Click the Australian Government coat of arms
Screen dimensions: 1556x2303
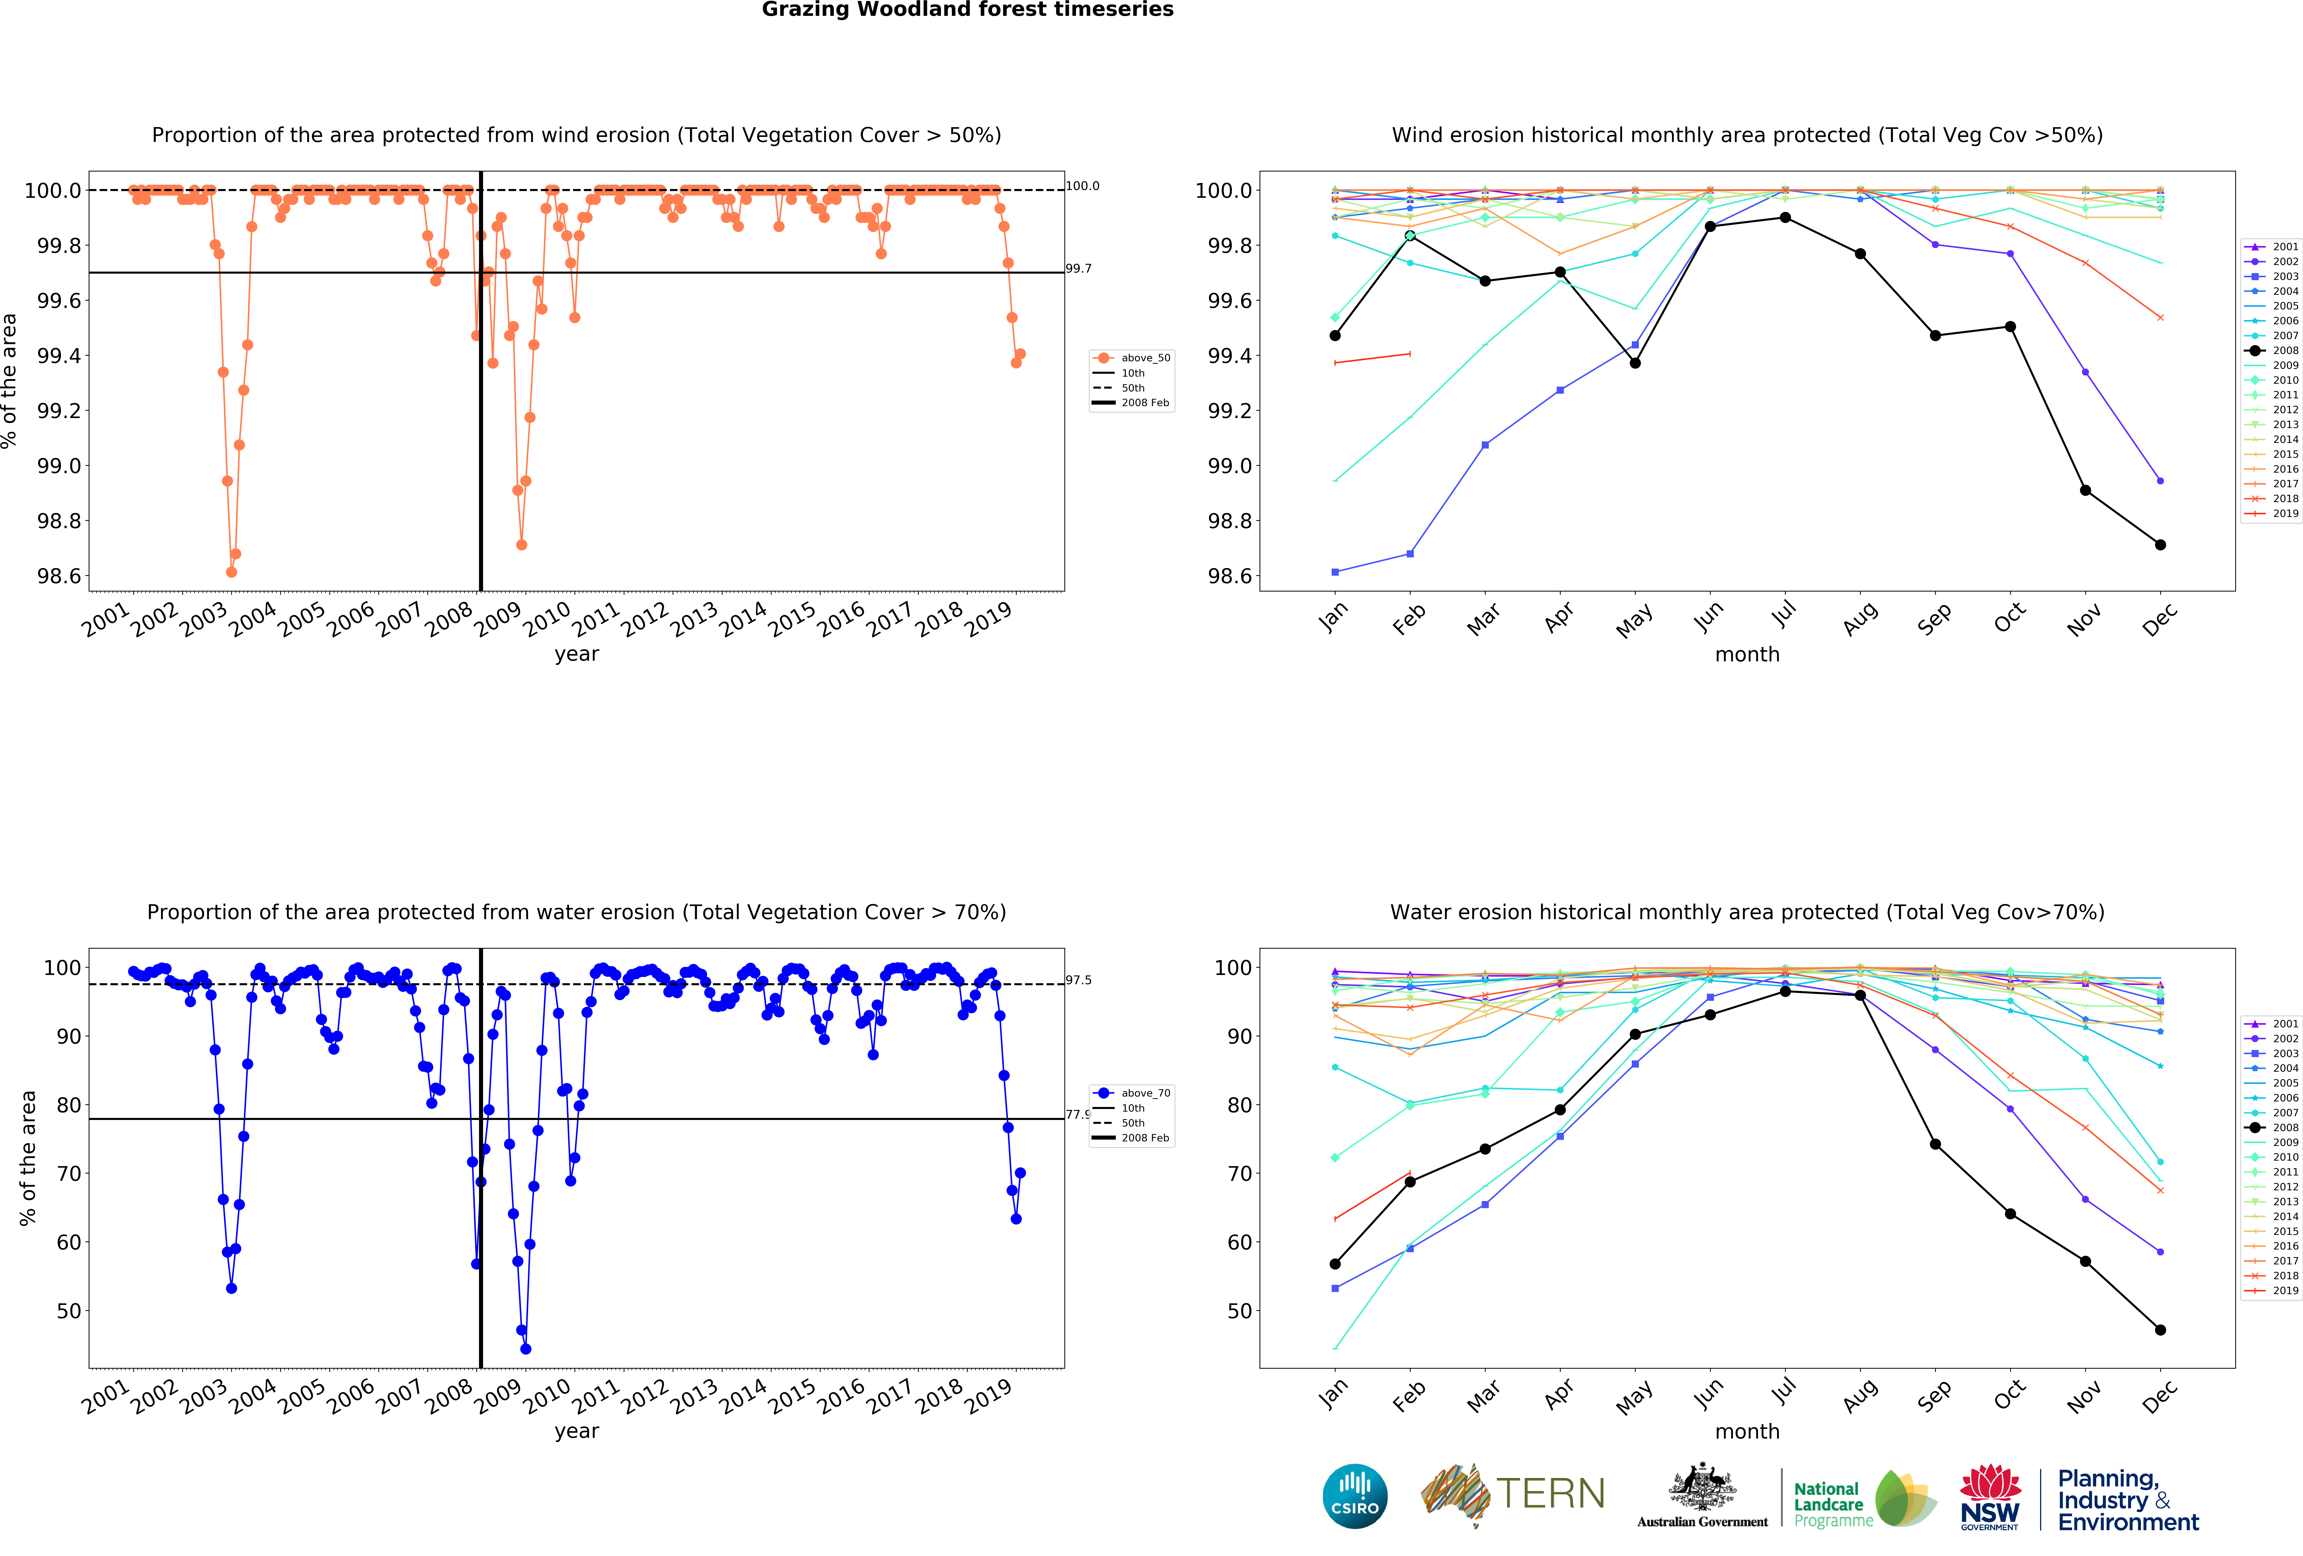coord(1701,1487)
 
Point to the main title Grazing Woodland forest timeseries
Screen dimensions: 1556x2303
coord(967,10)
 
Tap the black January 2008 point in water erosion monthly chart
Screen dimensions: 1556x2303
coord(1335,1264)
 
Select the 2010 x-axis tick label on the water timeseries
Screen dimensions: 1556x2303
coord(546,1395)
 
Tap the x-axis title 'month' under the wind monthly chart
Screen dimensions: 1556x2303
coord(1747,654)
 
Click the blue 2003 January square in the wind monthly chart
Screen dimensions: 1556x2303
coord(1335,572)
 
